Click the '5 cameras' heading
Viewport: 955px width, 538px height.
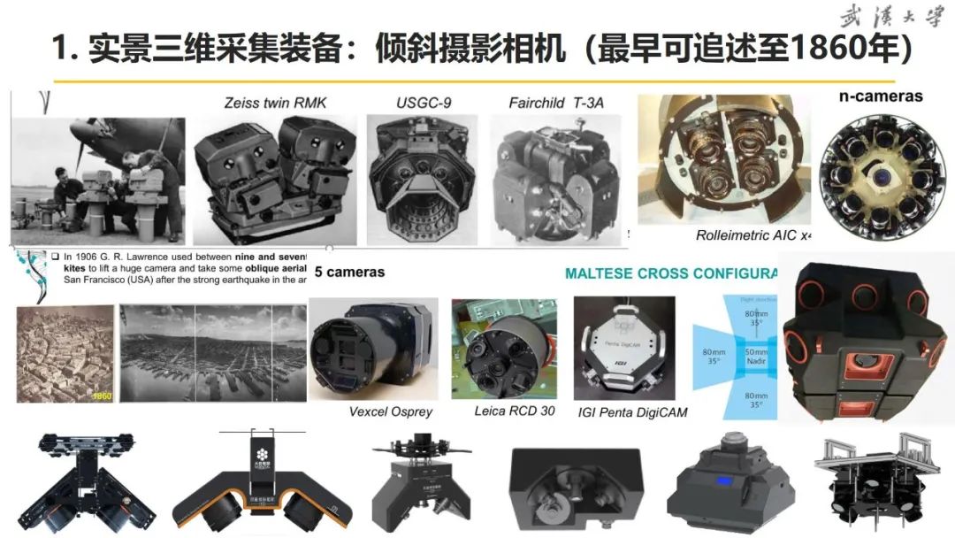(x=349, y=273)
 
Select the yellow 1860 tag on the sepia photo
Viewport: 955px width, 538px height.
(x=102, y=396)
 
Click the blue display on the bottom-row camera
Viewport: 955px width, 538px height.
(x=722, y=481)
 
